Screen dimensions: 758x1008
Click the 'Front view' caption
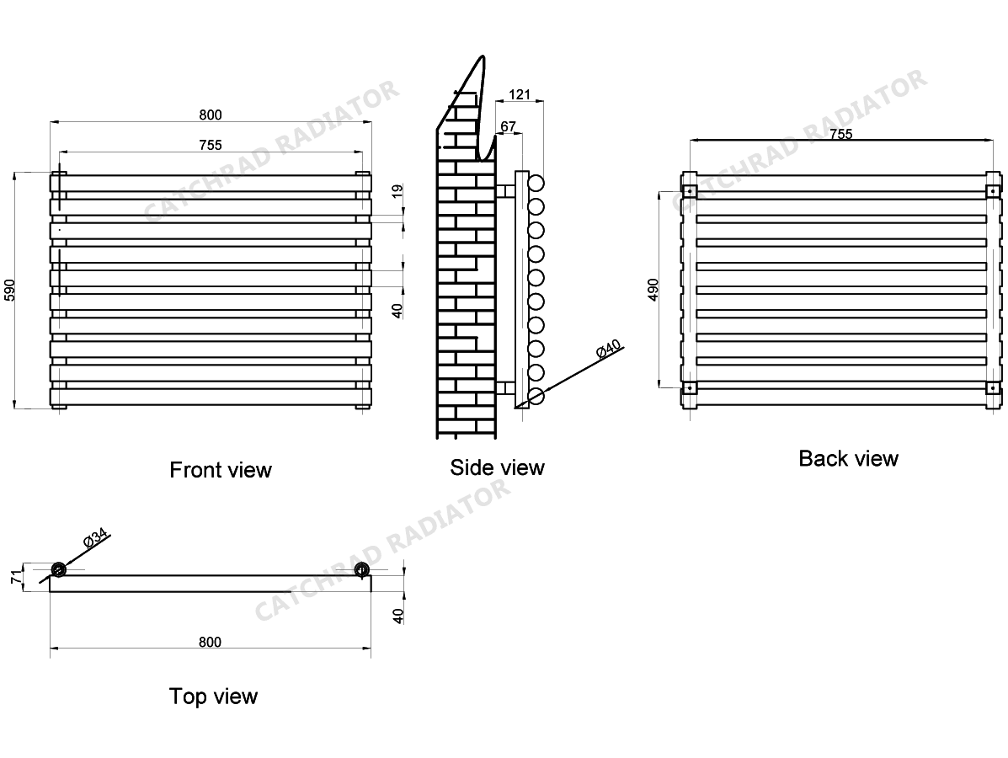tap(221, 469)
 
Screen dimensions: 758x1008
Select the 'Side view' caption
tap(497, 467)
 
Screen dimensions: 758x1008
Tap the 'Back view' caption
tap(848, 458)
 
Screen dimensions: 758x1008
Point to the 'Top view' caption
tap(213, 697)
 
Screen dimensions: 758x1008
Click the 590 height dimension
tap(10, 289)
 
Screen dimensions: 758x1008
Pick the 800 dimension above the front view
tap(211, 115)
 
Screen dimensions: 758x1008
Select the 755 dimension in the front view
tap(211, 145)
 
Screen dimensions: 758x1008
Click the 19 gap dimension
tap(398, 191)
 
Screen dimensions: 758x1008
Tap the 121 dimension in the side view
tap(520, 94)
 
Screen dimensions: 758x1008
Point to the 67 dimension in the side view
tap(508, 126)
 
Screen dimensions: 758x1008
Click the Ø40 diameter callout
tap(607, 350)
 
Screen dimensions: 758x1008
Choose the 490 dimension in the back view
tap(653, 289)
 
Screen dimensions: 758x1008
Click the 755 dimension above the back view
tap(841, 134)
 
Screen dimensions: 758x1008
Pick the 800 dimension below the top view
tap(210, 643)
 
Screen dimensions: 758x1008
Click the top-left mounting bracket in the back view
tap(689, 190)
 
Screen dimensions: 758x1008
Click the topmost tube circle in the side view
tap(536, 183)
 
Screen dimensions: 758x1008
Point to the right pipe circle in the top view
tap(362, 569)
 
